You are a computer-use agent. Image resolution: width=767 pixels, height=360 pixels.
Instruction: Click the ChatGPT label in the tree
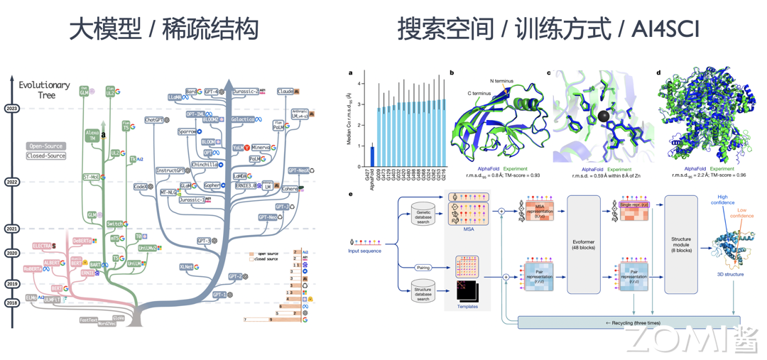click(156, 120)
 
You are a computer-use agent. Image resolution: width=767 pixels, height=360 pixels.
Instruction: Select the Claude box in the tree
click(285, 92)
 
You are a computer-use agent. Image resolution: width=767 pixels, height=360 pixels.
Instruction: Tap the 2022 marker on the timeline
click(11, 182)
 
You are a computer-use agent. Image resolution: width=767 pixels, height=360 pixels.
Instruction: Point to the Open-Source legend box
click(46, 146)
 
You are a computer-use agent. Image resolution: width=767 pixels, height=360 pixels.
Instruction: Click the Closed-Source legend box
click(46, 156)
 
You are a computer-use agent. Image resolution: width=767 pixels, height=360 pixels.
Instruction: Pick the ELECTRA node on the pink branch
click(43, 246)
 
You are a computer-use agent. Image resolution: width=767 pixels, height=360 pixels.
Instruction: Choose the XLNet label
click(186, 267)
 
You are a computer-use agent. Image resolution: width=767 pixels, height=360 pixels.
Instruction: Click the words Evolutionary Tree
click(44, 89)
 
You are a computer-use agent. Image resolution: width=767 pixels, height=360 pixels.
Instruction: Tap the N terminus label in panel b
click(501, 81)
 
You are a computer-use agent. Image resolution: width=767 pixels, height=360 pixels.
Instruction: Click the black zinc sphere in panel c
click(603, 116)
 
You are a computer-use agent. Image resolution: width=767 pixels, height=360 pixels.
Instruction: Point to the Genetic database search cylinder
click(423, 215)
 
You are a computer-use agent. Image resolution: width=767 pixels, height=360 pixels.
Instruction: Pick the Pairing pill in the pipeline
click(423, 268)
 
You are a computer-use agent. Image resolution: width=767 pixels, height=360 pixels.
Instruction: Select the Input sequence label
click(364, 251)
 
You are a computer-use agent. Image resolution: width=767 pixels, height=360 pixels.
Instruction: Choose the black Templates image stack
click(467, 291)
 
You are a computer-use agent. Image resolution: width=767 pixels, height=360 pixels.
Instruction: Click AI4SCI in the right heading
click(659, 29)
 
